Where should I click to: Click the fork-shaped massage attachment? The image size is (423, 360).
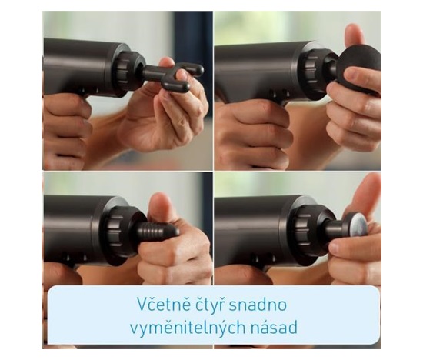[172, 75]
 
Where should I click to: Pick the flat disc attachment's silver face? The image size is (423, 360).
[358, 227]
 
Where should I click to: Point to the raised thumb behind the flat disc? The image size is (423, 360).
[367, 195]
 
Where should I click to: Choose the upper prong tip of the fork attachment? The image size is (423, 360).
[199, 69]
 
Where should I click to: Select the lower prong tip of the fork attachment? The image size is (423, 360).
[185, 86]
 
